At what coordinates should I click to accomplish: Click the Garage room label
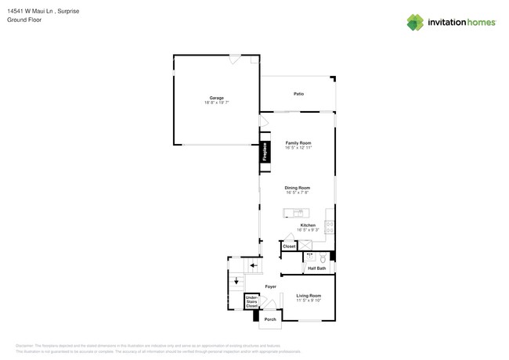point(216,98)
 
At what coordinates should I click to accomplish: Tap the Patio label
point(298,94)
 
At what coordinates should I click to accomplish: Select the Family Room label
point(298,143)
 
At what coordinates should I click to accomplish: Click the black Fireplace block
point(265,152)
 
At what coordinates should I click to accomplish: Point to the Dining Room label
point(297,188)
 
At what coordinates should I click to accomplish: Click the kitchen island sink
point(298,213)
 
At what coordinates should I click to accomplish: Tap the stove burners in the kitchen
point(330,227)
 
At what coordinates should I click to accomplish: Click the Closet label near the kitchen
point(289,247)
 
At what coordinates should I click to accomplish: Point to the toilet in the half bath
point(323,257)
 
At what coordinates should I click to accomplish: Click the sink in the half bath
point(310,257)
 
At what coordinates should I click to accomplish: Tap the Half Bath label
point(316,268)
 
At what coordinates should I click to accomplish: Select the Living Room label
point(308,296)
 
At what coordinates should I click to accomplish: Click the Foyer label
point(270,286)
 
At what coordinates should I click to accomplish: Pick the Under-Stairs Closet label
point(251,301)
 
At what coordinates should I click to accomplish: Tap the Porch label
point(270,319)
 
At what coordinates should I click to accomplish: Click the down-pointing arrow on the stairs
point(236,280)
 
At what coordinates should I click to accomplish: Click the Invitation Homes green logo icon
point(414,23)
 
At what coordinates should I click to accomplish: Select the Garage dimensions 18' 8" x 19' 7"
point(216,103)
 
